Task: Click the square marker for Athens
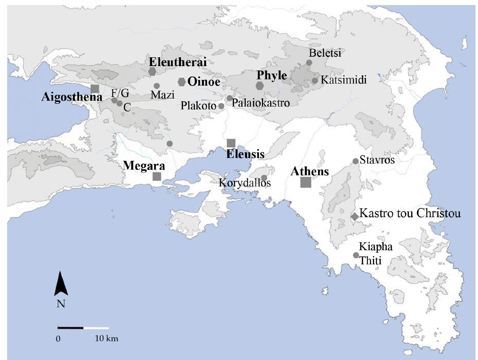pos(306,182)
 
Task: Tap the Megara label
pos(144,166)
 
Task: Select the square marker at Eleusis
pos(231,143)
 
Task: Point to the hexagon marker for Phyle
pos(260,86)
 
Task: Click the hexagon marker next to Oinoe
pos(182,82)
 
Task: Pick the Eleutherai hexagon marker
pos(152,71)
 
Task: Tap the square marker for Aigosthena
pos(95,89)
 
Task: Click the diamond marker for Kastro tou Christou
pos(355,217)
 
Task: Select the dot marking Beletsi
pos(309,63)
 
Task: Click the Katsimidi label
pos(344,80)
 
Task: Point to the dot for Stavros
pos(355,161)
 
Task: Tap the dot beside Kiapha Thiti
pos(356,255)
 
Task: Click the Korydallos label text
pos(245,183)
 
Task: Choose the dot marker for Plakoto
pos(221,106)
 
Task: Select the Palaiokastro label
pos(261,103)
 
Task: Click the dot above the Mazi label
pos(157,86)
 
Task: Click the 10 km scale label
pos(106,339)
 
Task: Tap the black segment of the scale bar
pos(70,328)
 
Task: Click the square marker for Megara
pos(157,176)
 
